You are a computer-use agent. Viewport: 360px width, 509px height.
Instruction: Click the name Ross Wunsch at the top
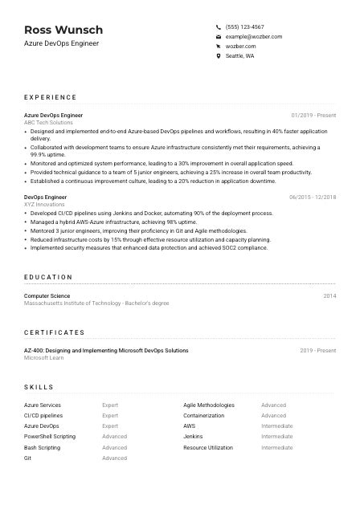(x=63, y=30)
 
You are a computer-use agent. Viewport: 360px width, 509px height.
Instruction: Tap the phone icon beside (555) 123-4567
(x=219, y=26)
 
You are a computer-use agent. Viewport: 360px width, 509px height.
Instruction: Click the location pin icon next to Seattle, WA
(x=219, y=56)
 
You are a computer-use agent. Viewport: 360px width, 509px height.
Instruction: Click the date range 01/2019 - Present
(x=313, y=116)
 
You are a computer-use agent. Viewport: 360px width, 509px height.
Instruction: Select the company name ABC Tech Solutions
(x=48, y=123)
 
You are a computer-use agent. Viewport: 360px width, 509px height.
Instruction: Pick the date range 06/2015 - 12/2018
(x=313, y=197)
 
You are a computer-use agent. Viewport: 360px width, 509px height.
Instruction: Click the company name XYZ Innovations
(x=43, y=205)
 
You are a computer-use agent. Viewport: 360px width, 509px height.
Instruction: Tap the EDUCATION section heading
(x=48, y=277)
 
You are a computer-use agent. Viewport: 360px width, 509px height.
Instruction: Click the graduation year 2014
(x=329, y=296)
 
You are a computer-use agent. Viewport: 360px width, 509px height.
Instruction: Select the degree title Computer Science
(x=47, y=296)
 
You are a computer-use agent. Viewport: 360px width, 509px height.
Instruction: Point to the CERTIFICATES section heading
(x=54, y=332)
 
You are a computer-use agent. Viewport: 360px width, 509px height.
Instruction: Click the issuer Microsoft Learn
(x=43, y=358)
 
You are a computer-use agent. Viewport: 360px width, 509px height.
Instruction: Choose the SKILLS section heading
(x=39, y=387)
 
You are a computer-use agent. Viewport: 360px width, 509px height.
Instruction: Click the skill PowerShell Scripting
(x=50, y=437)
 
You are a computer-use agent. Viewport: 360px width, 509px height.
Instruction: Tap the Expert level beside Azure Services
(x=110, y=405)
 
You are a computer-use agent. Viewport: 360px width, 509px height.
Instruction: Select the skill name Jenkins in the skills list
(x=193, y=437)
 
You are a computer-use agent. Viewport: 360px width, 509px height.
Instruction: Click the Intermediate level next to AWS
(x=276, y=426)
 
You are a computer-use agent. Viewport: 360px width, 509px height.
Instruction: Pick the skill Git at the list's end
(x=28, y=458)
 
